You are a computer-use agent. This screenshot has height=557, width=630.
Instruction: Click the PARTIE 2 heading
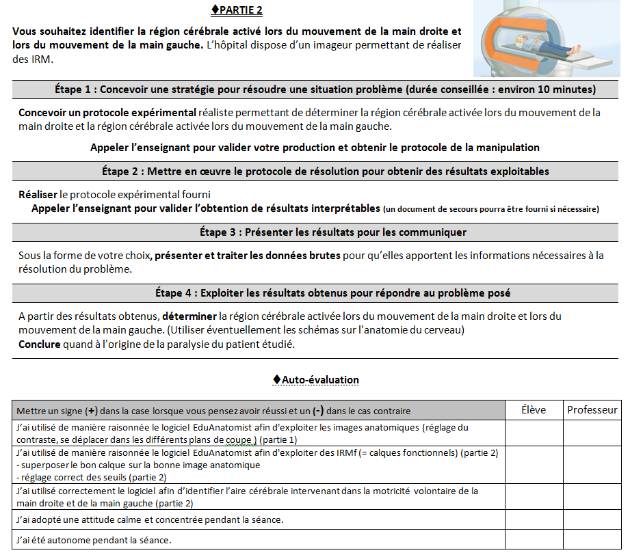tap(237, 10)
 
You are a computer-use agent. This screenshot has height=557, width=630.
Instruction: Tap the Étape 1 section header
tap(325, 90)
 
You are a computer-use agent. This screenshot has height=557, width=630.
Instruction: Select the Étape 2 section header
tap(325, 171)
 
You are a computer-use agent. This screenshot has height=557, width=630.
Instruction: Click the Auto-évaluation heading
tap(315, 379)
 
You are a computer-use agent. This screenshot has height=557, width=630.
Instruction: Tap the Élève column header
tap(533, 410)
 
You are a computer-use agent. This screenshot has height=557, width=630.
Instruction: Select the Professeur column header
tap(592, 410)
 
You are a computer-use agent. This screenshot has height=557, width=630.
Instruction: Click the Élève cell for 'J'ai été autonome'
tap(533, 540)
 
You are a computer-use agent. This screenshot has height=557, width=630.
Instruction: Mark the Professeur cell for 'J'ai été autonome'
tap(592, 540)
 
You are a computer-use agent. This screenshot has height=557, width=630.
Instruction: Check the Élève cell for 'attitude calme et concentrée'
tap(533, 520)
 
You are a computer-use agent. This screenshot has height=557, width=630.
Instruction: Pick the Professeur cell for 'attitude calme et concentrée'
tap(592, 520)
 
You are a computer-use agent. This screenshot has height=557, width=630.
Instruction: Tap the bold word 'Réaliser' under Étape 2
tap(38, 194)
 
